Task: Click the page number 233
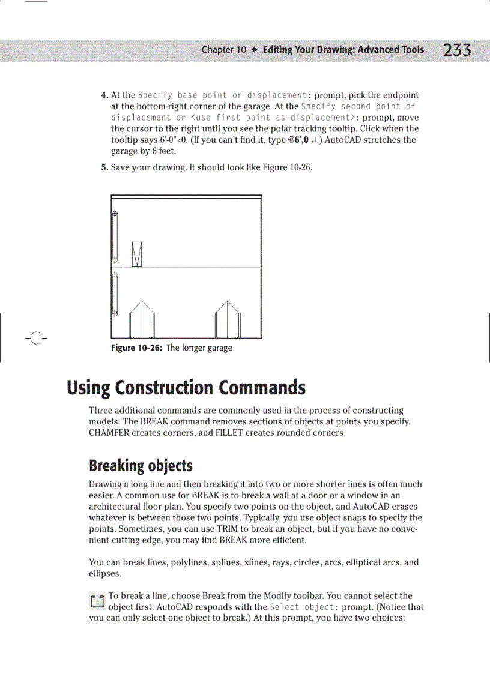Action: pyautogui.click(x=457, y=50)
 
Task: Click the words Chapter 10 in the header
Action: pyautogui.click(x=223, y=50)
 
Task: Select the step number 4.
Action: pyautogui.click(x=104, y=95)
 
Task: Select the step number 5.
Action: pyautogui.click(x=104, y=167)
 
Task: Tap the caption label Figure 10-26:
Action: pyautogui.click(x=137, y=348)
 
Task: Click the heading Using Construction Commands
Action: pyautogui.click(x=186, y=388)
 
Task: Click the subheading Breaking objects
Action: pyautogui.click(x=141, y=466)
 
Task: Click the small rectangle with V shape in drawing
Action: pyautogui.click(x=137, y=254)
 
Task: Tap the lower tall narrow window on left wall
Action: pyautogui.click(x=115, y=293)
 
